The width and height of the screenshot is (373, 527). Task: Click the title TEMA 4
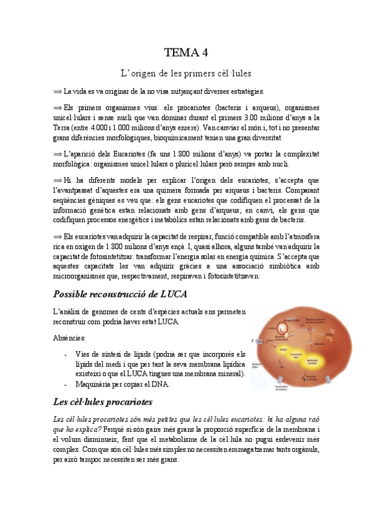[x=186, y=52]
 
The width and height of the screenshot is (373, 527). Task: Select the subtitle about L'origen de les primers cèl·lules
[x=186, y=73]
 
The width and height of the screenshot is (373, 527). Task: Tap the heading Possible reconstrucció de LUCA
[x=120, y=293]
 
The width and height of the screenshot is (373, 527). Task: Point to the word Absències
[x=70, y=338]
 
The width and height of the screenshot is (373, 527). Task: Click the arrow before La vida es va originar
[x=58, y=91]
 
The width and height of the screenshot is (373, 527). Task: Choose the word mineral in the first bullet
[x=231, y=374]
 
